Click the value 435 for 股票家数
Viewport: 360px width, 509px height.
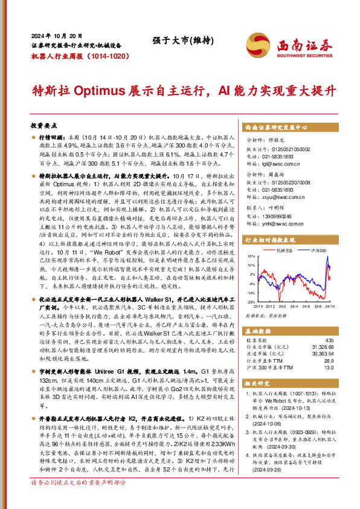point(329,341)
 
